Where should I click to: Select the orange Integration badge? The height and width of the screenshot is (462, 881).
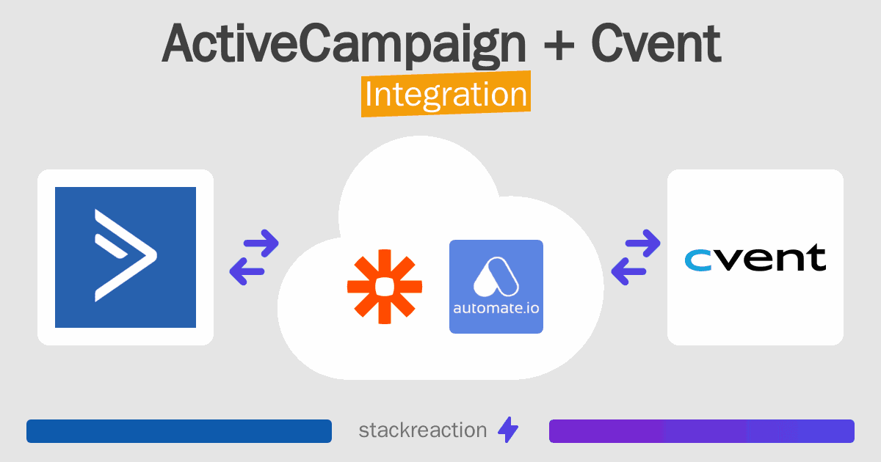446,96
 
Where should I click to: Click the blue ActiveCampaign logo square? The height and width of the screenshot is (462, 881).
126,257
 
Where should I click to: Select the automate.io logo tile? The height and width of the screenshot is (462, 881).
496,287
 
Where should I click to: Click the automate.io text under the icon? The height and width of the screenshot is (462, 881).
496,308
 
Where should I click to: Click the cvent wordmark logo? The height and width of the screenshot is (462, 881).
755,258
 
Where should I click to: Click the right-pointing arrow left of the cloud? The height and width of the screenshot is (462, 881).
261,243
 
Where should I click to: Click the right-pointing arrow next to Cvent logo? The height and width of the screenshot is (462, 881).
642,243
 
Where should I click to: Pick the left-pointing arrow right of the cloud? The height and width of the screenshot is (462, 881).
629,271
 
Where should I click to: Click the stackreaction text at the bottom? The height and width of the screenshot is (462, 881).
422,430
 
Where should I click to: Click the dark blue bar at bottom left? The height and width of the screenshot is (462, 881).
179,431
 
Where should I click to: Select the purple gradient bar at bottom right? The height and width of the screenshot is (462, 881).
701,431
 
